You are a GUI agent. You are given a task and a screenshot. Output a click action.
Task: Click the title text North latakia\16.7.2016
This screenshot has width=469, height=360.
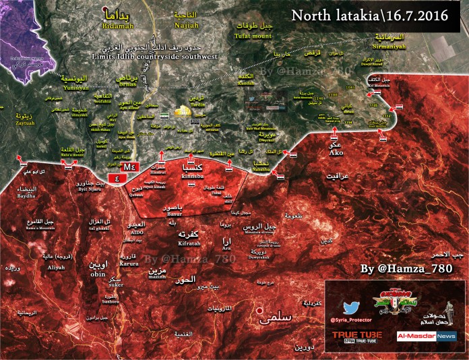[370, 15]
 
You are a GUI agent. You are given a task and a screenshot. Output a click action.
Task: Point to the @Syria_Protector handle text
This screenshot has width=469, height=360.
[350, 317]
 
